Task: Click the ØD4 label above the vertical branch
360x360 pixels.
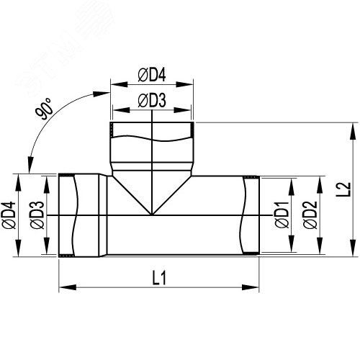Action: [x=152, y=76]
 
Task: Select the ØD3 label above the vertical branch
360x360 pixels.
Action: [x=152, y=101]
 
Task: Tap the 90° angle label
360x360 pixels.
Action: [x=44, y=109]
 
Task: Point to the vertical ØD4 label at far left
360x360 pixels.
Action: [x=9, y=215]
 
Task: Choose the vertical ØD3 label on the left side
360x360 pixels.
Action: [x=37, y=215]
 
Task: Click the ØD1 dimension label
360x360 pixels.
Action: [x=282, y=215]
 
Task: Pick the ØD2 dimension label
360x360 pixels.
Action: [x=310, y=215]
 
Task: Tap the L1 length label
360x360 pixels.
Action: [x=159, y=279]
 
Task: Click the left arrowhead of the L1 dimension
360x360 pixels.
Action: [x=68, y=287]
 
